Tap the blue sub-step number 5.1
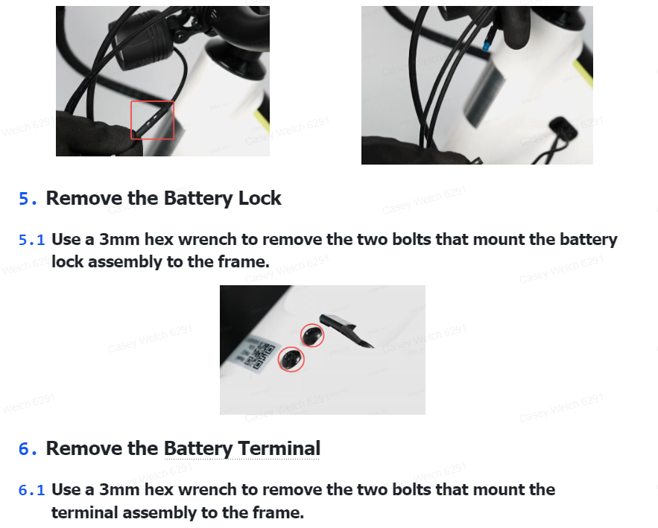31,241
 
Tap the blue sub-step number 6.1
31,490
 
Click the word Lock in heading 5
260,198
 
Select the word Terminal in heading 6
279,448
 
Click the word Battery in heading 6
197,449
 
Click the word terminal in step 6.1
84,512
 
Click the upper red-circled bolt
312,336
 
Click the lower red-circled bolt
291,359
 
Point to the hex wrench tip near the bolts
372,346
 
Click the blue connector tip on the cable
486,46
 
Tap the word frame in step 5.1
244,262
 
